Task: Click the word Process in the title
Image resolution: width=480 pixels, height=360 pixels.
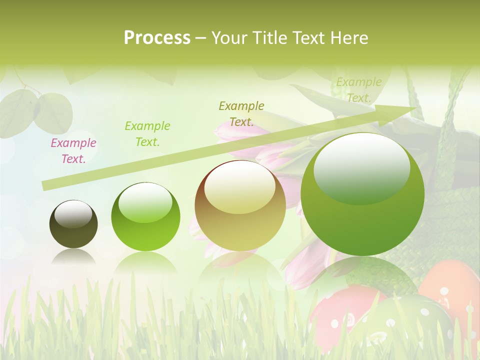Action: (x=157, y=38)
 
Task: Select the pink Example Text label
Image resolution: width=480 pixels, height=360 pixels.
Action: (x=73, y=151)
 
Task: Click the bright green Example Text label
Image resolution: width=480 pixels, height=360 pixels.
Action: (x=147, y=134)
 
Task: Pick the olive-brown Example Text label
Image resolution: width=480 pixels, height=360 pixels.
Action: (x=241, y=113)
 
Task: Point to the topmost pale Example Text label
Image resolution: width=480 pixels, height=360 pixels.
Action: (x=358, y=90)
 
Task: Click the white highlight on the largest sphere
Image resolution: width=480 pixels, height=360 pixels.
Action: (x=361, y=167)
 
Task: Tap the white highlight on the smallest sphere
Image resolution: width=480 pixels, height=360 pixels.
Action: (x=73, y=213)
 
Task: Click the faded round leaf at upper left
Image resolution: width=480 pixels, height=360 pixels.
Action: (x=52, y=112)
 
